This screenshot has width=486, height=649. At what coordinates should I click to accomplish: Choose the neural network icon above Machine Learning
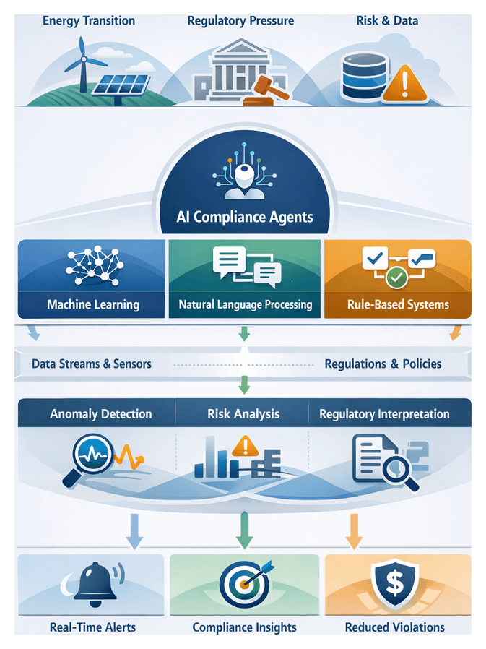pos(92,267)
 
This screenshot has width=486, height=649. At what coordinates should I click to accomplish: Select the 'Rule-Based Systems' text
pos(398,304)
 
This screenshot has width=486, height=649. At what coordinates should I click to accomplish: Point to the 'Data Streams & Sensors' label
pos(92,364)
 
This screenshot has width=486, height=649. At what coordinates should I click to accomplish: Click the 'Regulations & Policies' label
pos(383,364)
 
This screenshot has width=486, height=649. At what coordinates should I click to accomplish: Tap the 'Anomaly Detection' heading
pos(101,414)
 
